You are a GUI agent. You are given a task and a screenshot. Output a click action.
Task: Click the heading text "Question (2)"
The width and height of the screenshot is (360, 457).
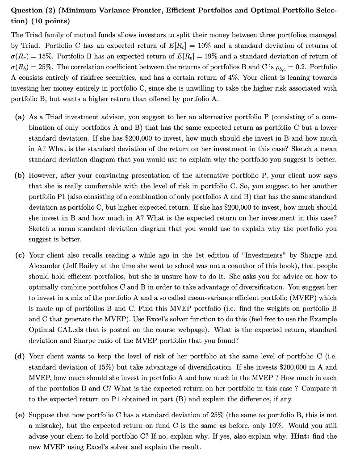pos(32,10)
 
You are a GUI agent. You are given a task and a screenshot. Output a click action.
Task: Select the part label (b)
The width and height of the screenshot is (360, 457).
pos(20,175)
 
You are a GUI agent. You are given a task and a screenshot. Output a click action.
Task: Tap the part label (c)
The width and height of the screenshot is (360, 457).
pos(20,256)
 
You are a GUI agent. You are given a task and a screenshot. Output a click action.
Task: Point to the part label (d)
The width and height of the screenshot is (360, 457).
pos(20,357)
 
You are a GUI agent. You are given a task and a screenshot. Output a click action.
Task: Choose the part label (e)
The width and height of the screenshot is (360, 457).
pos(20,415)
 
